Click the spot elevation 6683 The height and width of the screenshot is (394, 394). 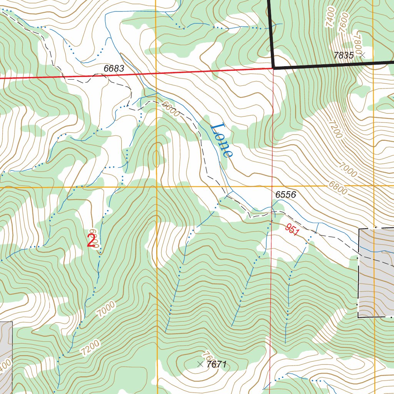tap(114, 68)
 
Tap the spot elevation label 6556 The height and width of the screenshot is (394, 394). tap(285, 195)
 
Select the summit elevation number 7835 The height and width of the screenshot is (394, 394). tap(343, 55)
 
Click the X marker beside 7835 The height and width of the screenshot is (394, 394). tap(362, 55)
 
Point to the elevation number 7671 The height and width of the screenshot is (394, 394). tap(217, 364)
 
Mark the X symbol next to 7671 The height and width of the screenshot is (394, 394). tap(200, 364)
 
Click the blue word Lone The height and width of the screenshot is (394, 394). tap(222, 140)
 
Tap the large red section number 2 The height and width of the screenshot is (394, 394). tap(91, 241)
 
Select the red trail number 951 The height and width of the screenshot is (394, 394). tap(292, 230)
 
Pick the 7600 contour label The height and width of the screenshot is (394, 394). tap(344, 20)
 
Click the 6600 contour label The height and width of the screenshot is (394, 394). tap(170, 109)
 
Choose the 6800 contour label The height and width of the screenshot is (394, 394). tap(338, 187)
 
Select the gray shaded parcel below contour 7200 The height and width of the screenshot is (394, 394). tap(5, 356)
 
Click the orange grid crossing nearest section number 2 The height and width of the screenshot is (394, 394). tap(156, 187)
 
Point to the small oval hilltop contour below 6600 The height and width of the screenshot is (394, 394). tap(156, 159)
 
